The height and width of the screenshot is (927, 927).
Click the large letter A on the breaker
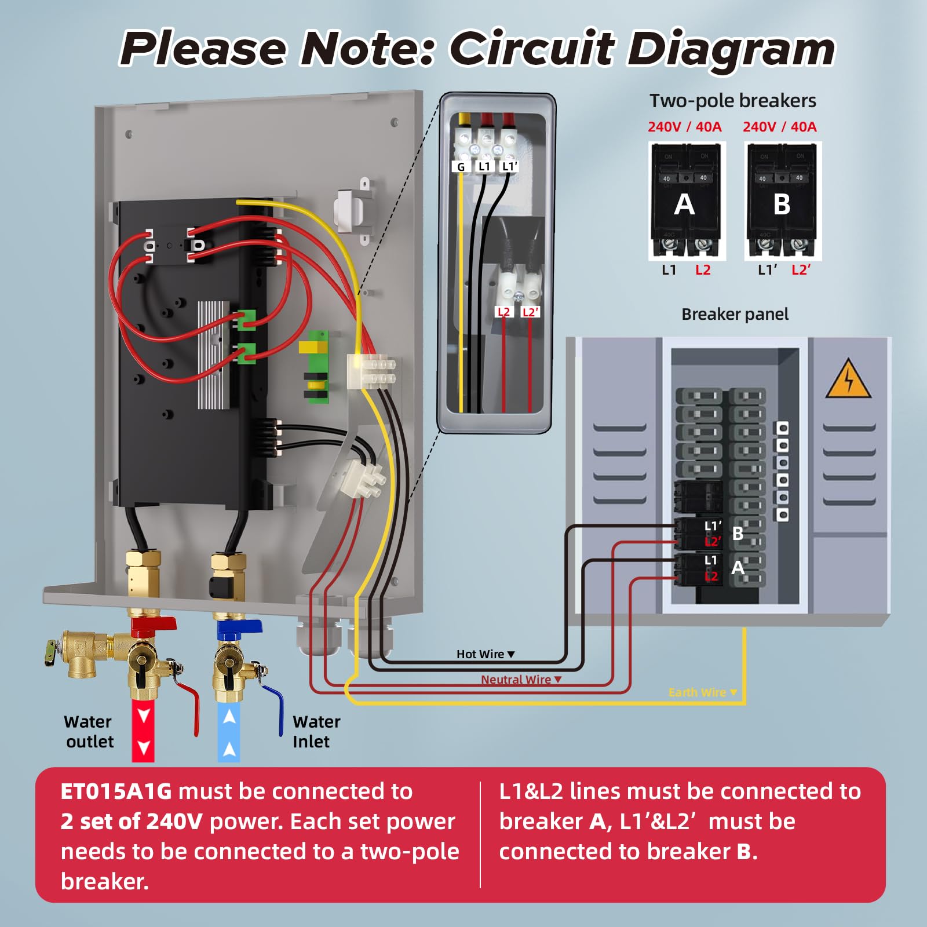[684, 205]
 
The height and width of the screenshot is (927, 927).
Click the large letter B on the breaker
[782, 205]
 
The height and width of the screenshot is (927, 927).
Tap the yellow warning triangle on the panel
[848, 379]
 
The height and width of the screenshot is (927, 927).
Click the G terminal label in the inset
[461, 167]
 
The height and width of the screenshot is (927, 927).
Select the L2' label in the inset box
[530, 312]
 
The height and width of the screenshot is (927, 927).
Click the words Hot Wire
[480, 654]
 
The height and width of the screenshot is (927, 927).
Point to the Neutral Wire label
[516, 680]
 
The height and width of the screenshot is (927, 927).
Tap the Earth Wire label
[697, 692]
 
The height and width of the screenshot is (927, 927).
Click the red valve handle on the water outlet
[154, 623]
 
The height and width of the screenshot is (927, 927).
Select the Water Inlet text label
[316, 731]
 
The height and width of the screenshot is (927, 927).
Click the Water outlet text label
[88, 731]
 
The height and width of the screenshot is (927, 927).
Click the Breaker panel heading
[735, 314]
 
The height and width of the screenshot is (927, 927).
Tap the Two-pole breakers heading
[732, 101]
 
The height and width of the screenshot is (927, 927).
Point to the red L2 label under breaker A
[703, 270]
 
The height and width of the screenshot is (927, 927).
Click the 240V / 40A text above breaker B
[779, 127]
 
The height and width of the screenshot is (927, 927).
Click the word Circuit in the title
[532, 49]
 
